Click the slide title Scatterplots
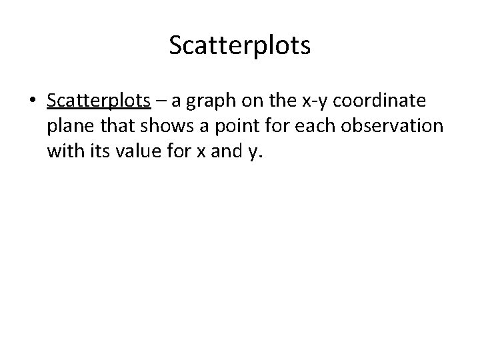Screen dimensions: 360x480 (x=239, y=46)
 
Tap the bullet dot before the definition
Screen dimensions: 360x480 (x=32, y=101)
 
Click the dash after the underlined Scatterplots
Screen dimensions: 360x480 (x=161, y=101)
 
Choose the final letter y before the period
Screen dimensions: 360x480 (x=251, y=155)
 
